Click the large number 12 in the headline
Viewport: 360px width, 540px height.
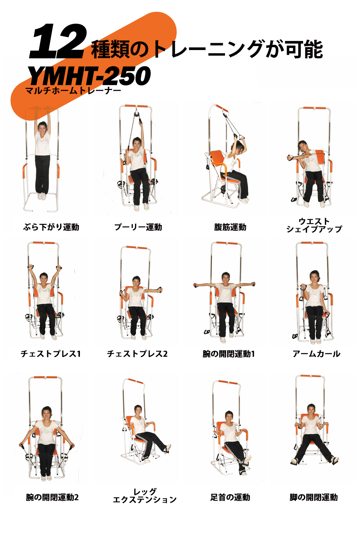(x=58, y=41)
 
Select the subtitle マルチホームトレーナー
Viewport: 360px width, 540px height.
(x=73, y=91)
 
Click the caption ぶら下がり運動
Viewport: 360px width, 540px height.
(x=51, y=227)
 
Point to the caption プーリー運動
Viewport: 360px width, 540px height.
(x=138, y=227)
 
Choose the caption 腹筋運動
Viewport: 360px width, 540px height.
(x=230, y=227)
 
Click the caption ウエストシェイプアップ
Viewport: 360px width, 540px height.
(x=314, y=225)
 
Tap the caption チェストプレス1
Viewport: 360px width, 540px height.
(x=50, y=354)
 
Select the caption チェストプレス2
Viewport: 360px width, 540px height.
(x=137, y=354)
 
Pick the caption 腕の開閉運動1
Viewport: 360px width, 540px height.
(x=229, y=354)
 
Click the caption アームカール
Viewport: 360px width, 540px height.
(x=316, y=354)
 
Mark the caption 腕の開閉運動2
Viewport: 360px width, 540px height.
(x=52, y=497)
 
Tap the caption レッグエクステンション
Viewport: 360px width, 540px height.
(x=145, y=496)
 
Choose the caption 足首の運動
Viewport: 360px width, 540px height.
(x=230, y=497)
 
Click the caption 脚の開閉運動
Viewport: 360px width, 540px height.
(x=314, y=497)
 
